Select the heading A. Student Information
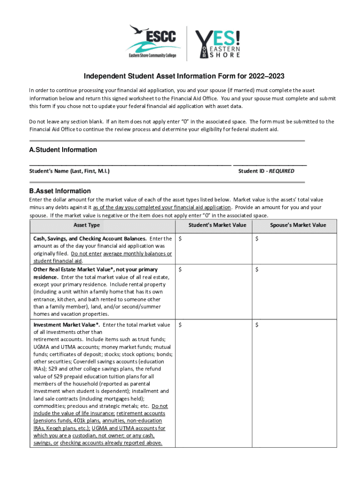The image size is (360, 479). (63, 150)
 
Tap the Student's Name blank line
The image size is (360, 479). (130, 164)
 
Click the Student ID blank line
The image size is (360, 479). (270, 164)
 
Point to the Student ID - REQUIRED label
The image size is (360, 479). (266, 171)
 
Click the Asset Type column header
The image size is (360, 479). (86, 225)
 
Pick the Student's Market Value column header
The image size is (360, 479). (217, 225)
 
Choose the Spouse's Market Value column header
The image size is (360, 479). (298, 225)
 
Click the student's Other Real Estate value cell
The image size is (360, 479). (214, 291)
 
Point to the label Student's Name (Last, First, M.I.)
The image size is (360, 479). (70, 171)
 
